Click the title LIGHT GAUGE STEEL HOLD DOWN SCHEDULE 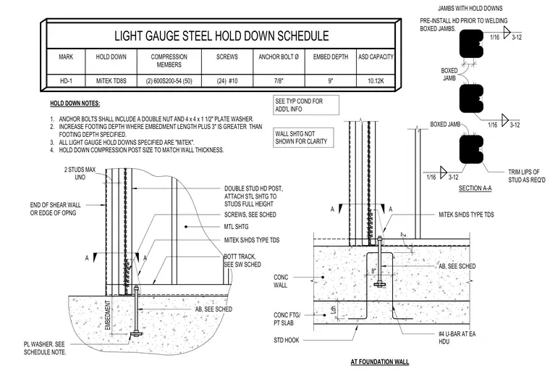[221, 36]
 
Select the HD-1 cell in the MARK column [66, 81]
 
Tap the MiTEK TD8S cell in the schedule [111, 81]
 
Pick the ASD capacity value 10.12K [376, 81]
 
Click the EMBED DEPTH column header [331, 57]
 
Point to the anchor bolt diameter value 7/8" [279, 81]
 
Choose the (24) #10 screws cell [227, 81]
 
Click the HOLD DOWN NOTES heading [75, 104]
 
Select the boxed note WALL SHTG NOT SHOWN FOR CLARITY [303, 138]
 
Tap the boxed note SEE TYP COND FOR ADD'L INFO [306, 105]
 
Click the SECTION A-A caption [475, 188]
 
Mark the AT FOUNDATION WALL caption [380, 362]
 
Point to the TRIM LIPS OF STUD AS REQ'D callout [527, 176]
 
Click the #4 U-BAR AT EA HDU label [457, 338]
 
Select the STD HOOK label [287, 340]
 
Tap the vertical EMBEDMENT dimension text [108, 315]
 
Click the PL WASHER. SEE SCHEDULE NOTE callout [45, 348]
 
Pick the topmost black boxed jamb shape [471, 43]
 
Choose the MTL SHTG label [236, 227]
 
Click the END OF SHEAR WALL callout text [56, 209]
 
